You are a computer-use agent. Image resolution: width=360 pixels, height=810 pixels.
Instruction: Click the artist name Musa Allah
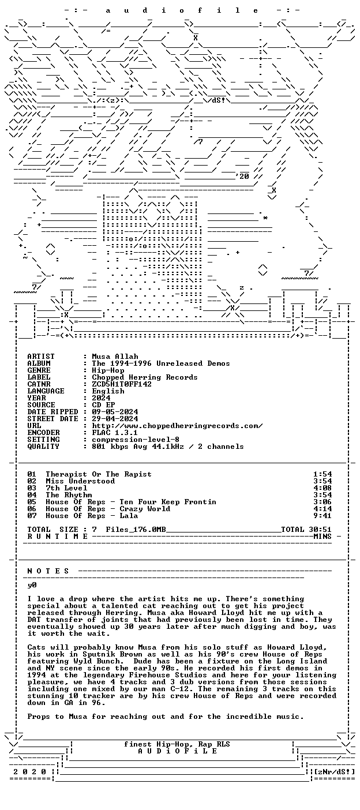(115, 357)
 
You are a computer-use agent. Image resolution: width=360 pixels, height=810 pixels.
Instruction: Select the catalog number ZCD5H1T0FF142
(122, 384)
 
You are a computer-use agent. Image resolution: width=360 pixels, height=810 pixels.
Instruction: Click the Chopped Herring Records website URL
(177, 426)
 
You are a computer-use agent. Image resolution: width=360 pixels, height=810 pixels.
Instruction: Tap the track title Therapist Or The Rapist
(99, 474)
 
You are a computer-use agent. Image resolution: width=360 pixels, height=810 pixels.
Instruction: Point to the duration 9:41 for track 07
(322, 516)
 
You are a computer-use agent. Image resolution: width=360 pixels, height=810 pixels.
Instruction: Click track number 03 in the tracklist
(32, 488)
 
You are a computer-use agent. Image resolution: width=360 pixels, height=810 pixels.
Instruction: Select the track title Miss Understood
(80, 481)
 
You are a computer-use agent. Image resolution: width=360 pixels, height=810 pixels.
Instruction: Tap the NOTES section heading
(48, 571)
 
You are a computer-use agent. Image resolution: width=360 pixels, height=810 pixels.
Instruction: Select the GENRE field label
(39, 370)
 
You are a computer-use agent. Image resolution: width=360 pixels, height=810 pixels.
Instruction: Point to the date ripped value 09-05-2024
(115, 412)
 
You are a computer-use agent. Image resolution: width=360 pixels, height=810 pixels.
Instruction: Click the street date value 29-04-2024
(115, 419)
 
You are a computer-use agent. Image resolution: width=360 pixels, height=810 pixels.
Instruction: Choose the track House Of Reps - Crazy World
(108, 509)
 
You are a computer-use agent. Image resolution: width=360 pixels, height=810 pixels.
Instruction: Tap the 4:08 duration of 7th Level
(322, 488)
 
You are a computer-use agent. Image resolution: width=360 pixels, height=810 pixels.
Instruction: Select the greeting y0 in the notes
(32, 585)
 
